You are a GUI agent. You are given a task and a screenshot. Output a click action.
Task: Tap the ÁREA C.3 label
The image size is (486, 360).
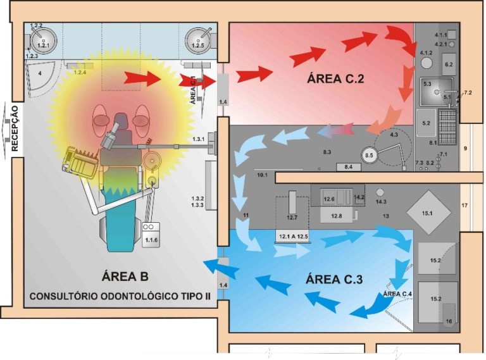(334, 278)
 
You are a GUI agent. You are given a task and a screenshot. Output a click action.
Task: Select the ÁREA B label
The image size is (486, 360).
(125, 276)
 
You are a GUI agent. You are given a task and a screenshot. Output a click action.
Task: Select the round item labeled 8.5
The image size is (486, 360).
(370, 154)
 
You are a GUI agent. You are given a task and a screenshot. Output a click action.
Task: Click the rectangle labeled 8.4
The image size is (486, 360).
(349, 166)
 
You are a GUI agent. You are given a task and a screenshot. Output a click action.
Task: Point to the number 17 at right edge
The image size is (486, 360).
(464, 206)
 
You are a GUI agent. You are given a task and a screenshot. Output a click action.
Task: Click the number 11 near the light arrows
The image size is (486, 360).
(246, 217)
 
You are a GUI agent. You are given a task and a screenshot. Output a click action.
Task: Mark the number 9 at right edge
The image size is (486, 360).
(464, 149)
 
